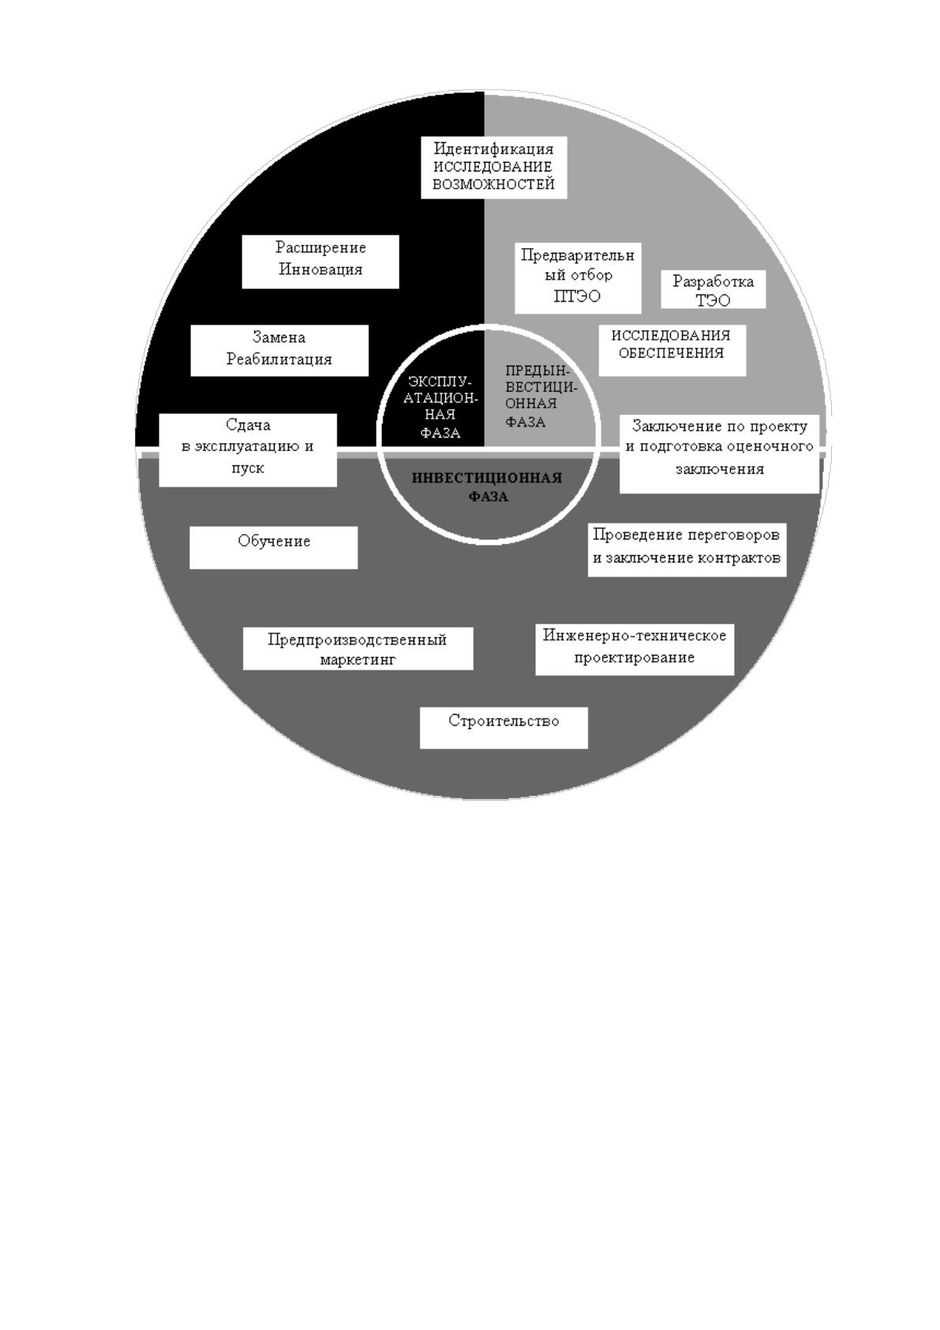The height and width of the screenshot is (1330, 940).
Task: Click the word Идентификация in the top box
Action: coord(493,148)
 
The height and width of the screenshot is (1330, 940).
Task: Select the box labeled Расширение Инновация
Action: coord(320,262)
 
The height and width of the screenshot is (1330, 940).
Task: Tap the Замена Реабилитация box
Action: coord(279,351)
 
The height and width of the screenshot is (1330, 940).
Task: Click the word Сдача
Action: coord(248,425)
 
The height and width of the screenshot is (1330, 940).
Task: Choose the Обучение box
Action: coord(274,547)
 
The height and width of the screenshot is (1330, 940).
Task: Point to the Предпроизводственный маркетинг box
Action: coord(358,648)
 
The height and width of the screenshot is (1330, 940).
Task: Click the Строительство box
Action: coord(504,727)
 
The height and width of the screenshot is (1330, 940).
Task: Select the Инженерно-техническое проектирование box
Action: coord(635,649)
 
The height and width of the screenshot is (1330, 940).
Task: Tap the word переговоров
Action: coord(732,535)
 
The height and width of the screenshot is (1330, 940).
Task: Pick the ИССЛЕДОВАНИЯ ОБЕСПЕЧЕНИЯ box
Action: coord(672,351)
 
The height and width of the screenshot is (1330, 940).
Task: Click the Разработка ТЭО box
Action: coord(713,290)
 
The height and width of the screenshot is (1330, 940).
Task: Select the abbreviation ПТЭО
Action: coord(577,296)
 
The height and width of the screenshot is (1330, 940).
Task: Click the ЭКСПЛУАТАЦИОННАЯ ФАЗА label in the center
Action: coord(440,407)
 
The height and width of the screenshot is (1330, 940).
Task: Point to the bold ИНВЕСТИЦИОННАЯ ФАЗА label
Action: coord(487,487)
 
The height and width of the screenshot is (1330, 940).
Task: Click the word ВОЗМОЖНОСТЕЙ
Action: coord(493,184)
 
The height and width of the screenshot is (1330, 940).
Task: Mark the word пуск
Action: coord(248,468)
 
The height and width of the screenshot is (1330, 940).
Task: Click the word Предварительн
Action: coord(578,255)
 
